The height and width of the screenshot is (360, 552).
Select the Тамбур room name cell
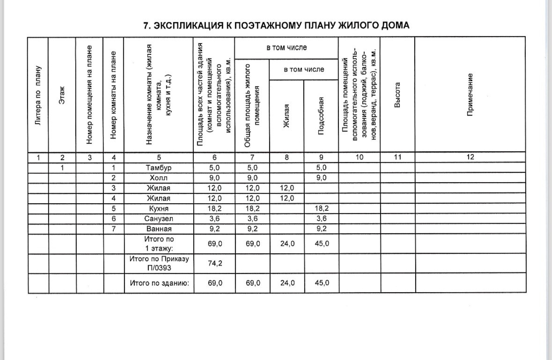[x=159, y=168]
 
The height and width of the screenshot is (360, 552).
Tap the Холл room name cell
[x=159, y=178]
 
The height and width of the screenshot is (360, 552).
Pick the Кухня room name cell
[x=159, y=208]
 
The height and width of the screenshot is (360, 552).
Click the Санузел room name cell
[x=159, y=219]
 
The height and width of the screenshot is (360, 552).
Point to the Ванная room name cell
[x=159, y=229]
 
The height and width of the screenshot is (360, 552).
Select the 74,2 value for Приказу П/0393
[x=214, y=264]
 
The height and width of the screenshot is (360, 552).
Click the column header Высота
[x=397, y=96]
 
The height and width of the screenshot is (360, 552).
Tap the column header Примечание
[x=471, y=96]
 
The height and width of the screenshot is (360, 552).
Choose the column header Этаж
[x=62, y=96]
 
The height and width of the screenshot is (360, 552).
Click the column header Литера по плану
[x=39, y=96]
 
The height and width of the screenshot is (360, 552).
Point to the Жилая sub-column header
[x=287, y=116]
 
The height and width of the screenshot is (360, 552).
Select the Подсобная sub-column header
[x=322, y=116]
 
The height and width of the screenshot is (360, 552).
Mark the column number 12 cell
[x=471, y=157]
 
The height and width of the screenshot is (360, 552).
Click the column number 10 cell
[x=359, y=157]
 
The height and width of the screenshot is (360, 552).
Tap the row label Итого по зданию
[x=159, y=283]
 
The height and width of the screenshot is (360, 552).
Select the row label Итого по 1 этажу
[x=159, y=243]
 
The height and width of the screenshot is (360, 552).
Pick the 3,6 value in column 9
[x=321, y=219]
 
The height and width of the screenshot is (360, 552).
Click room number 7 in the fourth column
[x=113, y=229]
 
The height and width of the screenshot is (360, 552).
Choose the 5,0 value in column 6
[x=214, y=168]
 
